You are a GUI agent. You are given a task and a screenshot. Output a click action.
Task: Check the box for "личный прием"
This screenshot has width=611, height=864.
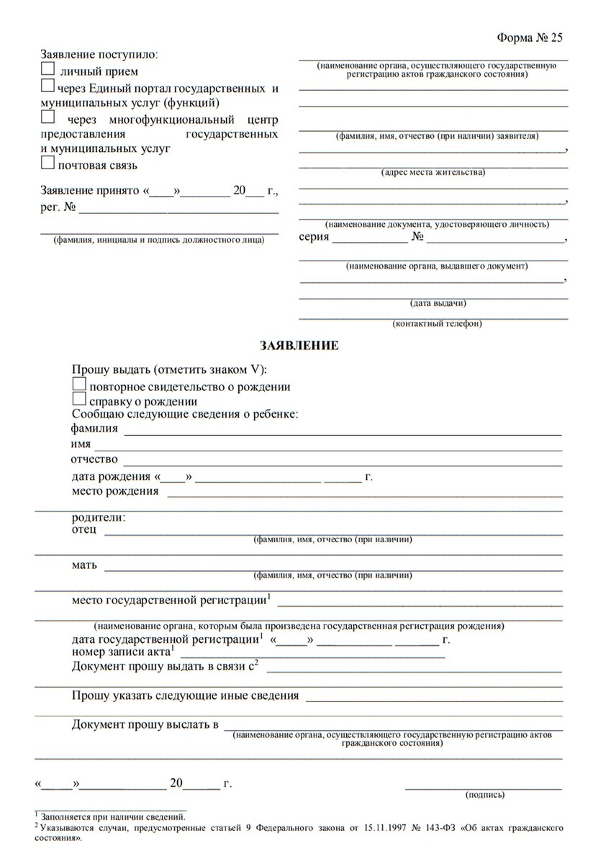click(47, 70)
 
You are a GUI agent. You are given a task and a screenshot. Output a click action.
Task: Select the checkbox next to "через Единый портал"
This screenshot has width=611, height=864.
click(47, 86)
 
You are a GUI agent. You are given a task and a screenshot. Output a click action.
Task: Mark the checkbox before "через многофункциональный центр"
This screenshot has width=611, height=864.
click(47, 117)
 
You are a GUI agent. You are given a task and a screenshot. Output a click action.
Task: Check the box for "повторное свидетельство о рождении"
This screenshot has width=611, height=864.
click(79, 384)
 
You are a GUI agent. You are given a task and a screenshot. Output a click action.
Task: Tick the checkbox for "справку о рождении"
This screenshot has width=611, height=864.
click(79, 400)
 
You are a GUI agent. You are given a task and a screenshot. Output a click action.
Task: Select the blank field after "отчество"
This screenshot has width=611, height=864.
click(343, 460)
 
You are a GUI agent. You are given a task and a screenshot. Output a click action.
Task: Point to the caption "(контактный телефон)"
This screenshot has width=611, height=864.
click(437, 324)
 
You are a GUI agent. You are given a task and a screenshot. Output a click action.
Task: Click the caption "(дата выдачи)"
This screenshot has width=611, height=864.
click(437, 302)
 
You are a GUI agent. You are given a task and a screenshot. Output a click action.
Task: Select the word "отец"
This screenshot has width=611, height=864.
click(83, 531)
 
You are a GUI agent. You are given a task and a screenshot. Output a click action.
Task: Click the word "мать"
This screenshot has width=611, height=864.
click(84, 564)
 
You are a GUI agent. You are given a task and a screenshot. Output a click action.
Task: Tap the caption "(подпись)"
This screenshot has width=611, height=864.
click(486, 795)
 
